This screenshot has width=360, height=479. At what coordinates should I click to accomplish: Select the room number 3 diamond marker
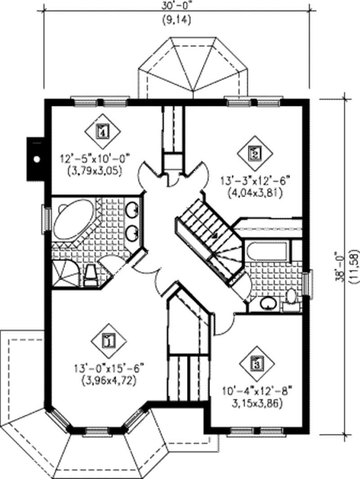(256, 363)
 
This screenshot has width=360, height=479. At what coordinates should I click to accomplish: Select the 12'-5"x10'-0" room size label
(94, 158)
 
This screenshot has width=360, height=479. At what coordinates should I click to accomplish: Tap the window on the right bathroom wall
(307, 283)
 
